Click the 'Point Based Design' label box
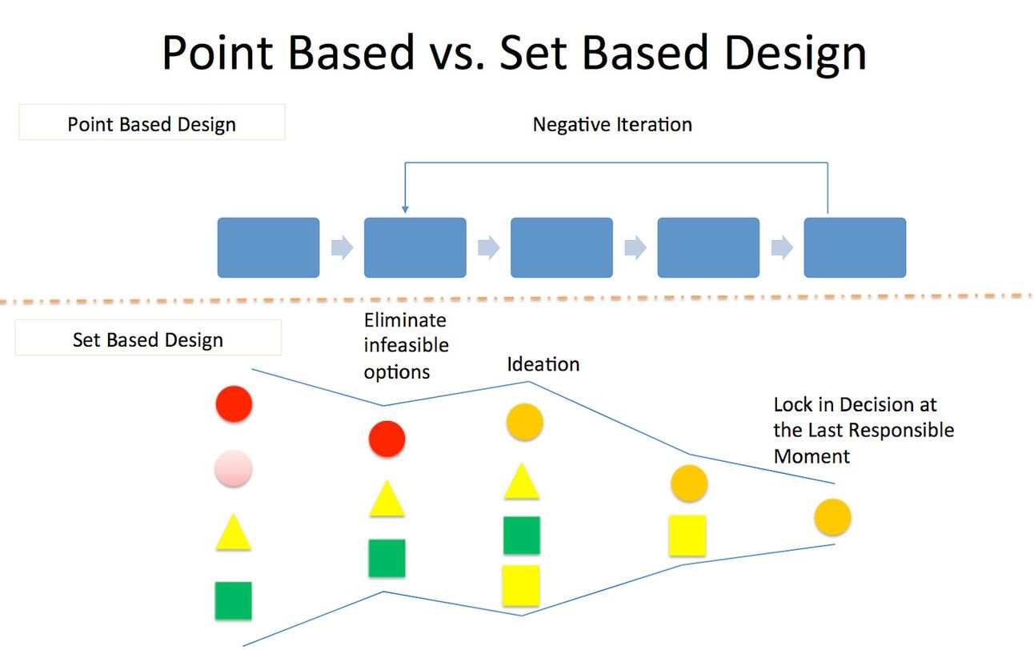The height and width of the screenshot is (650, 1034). point(151,124)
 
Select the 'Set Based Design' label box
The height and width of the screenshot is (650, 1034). point(147,339)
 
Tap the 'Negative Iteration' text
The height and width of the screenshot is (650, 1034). point(612,124)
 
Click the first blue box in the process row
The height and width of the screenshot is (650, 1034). point(268,247)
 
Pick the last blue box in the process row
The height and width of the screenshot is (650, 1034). point(855,247)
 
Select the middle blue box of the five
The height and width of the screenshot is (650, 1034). point(561,247)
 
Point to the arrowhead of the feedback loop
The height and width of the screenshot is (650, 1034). point(405,211)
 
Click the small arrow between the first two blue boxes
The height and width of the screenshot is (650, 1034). point(342,248)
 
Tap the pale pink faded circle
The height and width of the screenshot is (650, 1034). point(234,468)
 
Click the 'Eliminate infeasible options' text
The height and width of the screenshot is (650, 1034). point(406,346)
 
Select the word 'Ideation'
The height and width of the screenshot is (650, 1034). point(543,364)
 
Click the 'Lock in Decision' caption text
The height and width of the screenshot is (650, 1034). point(863,430)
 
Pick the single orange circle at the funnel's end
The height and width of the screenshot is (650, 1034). point(832,517)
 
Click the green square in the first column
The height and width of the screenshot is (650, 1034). point(233,600)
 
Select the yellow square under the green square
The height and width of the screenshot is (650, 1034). point(521,585)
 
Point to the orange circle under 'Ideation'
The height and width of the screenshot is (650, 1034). point(524,421)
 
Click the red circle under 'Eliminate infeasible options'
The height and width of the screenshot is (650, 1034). point(387,439)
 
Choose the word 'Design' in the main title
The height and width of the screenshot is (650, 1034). point(776,53)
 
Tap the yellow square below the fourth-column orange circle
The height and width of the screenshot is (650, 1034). point(687,535)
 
